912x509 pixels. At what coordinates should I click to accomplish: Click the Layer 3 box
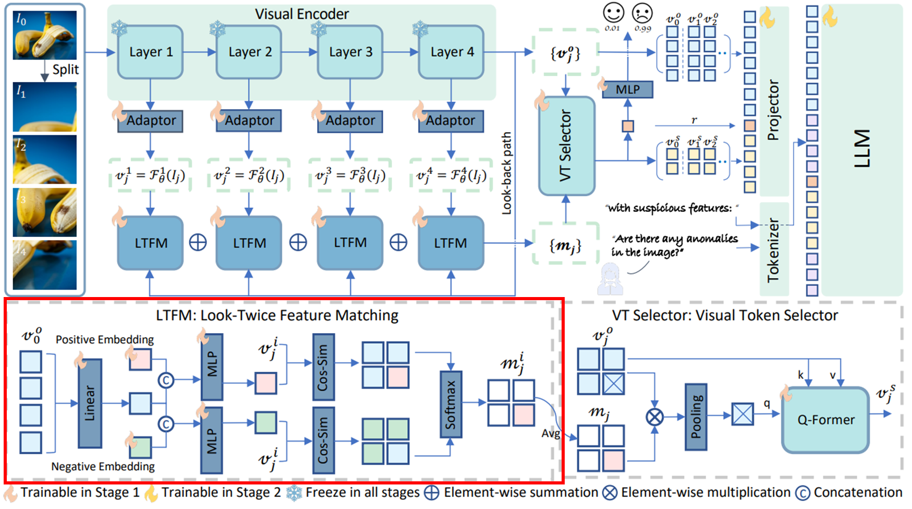(x=350, y=52)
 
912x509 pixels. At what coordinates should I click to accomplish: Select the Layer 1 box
(x=151, y=52)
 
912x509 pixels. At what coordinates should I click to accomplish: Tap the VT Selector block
(x=566, y=146)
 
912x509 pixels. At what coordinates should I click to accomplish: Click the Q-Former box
(x=825, y=420)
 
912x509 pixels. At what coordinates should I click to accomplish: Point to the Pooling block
(x=696, y=417)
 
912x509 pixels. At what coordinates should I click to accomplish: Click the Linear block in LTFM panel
(x=90, y=404)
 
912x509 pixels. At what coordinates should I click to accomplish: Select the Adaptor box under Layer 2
(x=249, y=121)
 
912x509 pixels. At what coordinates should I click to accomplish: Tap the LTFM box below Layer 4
(x=451, y=243)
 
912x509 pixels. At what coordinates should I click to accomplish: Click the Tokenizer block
(x=774, y=250)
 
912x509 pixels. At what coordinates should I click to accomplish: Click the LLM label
(x=862, y=149)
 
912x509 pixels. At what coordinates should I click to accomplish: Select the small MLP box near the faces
(x=627, y=89)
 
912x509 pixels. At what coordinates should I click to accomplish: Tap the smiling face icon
(x=613, y=13)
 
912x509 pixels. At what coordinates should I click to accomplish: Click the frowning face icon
(x=642, y=13)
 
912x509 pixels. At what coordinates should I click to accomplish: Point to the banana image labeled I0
(x=45, y=35)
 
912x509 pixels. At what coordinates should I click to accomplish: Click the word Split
(x=66, y=69)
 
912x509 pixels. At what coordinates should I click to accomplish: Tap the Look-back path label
(x=506, y=173)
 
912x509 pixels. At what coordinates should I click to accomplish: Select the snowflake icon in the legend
(x=295, y=493)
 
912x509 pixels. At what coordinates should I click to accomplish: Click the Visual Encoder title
(x=302, y=14)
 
